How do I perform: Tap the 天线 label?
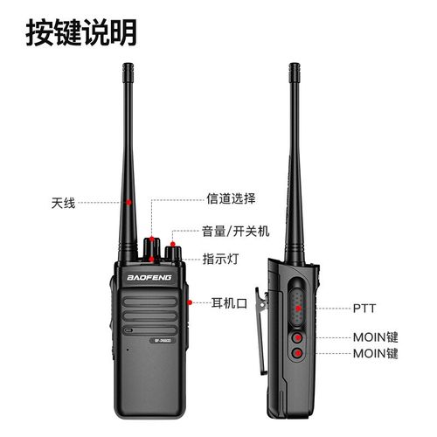click(63, 203)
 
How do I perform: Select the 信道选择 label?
click(231, 198)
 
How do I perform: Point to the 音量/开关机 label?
click(236, 232)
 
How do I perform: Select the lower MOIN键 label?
click(375, 354)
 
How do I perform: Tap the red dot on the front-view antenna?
click(129, 203)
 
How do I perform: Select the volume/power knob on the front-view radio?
click(171, 253)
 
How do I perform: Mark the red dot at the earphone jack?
click(189, 303)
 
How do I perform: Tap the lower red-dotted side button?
click(298, 354)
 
